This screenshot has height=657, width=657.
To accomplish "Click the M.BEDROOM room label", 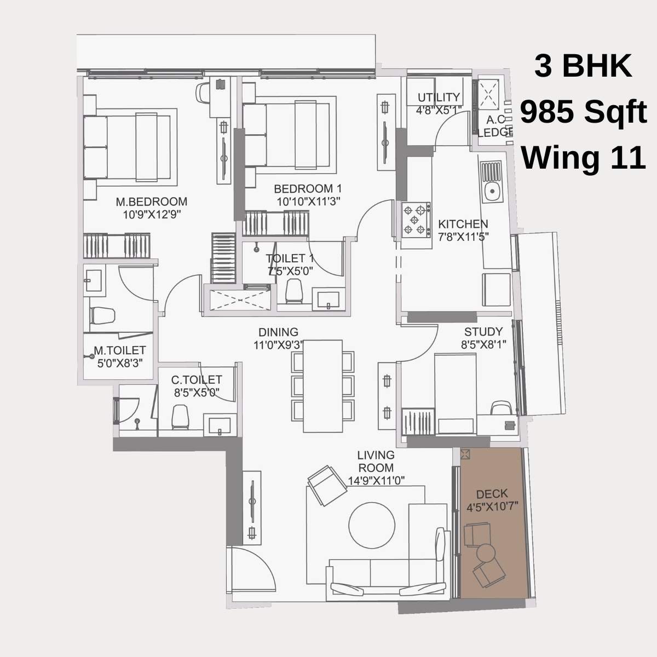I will pos(151,201).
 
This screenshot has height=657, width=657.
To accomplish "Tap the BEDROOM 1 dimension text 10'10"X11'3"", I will pos(309,201).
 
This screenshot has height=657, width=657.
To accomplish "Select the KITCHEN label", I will pos(463,224).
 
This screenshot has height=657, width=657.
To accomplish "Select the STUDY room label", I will pos(483,331).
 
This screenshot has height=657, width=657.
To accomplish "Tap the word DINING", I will pos(278,332).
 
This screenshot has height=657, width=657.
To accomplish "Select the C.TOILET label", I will pos(197,379).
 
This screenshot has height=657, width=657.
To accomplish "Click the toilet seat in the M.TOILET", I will pos(102,316).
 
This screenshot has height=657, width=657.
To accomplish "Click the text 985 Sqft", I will pos(583,113).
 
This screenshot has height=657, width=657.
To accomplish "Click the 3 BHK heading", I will pos(583,67).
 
